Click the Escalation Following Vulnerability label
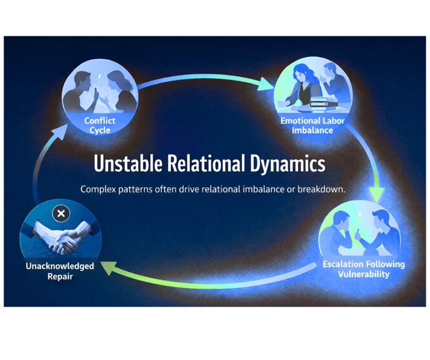click(x=363, y=269)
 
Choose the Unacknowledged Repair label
click(x=59, y=271)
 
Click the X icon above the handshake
click(x=61, y=213)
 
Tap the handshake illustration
click(x=63, y=238)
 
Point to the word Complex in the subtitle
click(x=99, y=189)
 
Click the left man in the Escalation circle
click(x=345, y=235)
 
